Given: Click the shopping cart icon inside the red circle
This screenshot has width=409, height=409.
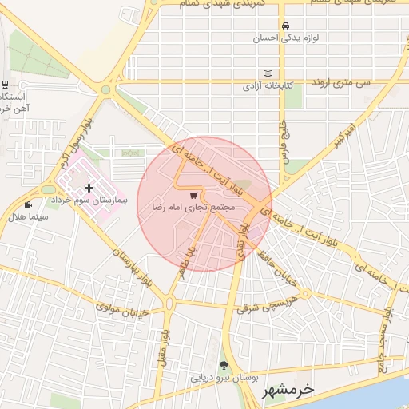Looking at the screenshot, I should [x=193, y=195].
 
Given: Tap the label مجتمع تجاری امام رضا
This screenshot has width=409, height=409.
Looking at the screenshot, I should [x=189, y=207].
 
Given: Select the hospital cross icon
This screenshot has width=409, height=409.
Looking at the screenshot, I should [x=88, y=189].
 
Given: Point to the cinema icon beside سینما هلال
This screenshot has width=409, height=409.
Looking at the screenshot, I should [x=29, y=204].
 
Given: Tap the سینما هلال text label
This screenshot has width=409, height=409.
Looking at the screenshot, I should [x=37, y=216].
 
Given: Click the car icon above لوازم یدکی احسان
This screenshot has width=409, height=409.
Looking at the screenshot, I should [x=285, y=25].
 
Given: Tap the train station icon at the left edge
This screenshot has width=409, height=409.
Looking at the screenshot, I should [x=5, y=85].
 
